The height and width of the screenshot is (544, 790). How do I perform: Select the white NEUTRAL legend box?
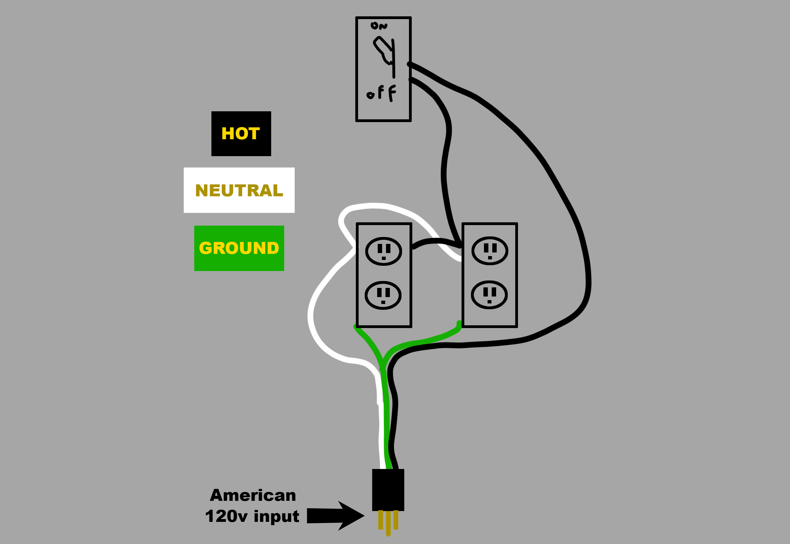click(239, 190)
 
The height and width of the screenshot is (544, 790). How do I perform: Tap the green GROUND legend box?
click(239, 248)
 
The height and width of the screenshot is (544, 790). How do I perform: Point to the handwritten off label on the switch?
click(382, 93)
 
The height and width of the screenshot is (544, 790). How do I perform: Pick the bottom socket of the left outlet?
click(383, 295)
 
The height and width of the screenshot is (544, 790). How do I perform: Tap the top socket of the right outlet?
click(490, 251)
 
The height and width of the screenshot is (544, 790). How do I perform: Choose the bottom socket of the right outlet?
click(489, 295)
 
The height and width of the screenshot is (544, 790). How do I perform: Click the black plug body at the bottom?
click(388, 490)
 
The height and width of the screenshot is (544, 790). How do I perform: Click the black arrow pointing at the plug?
click(336, 516)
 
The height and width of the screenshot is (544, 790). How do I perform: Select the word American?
click(253, 495)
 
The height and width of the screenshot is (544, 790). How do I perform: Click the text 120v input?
click(252, 516)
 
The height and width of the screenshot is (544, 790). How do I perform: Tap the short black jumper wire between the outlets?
click(436, 242)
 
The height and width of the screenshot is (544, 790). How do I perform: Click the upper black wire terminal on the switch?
click(409, 64)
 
